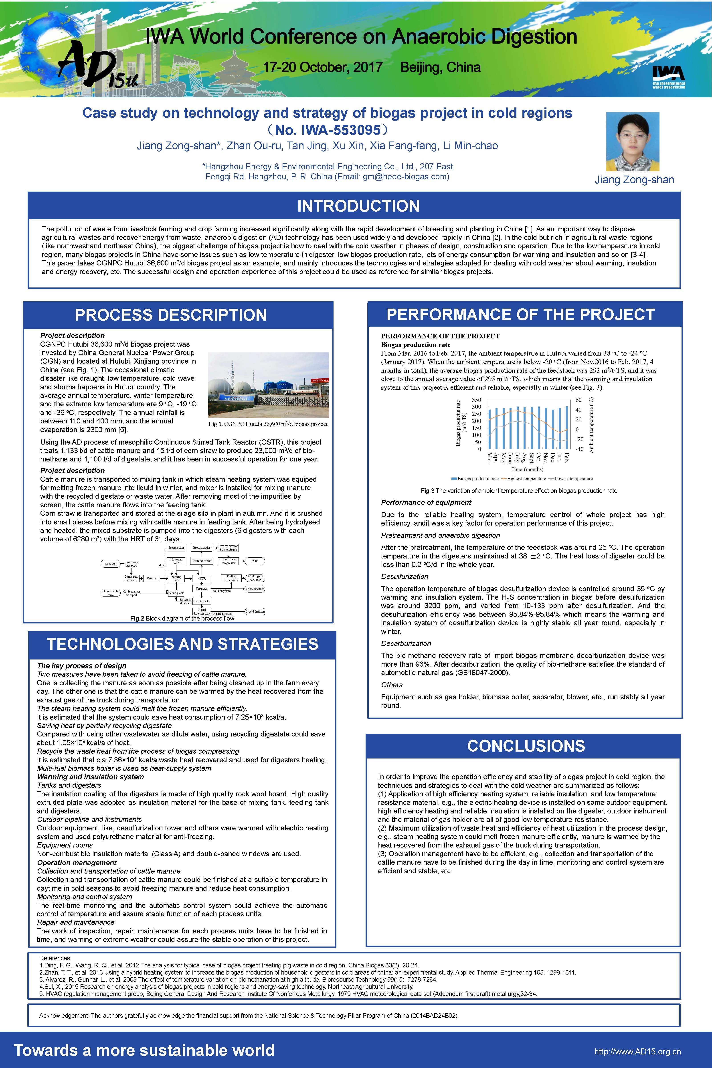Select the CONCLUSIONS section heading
tap(526, 746)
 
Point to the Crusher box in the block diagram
tap(152, 578)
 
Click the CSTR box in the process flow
tap(202, 578)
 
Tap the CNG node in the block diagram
tap(255, 561)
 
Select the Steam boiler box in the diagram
tap(176, 548)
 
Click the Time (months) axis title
tap(527, 469)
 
